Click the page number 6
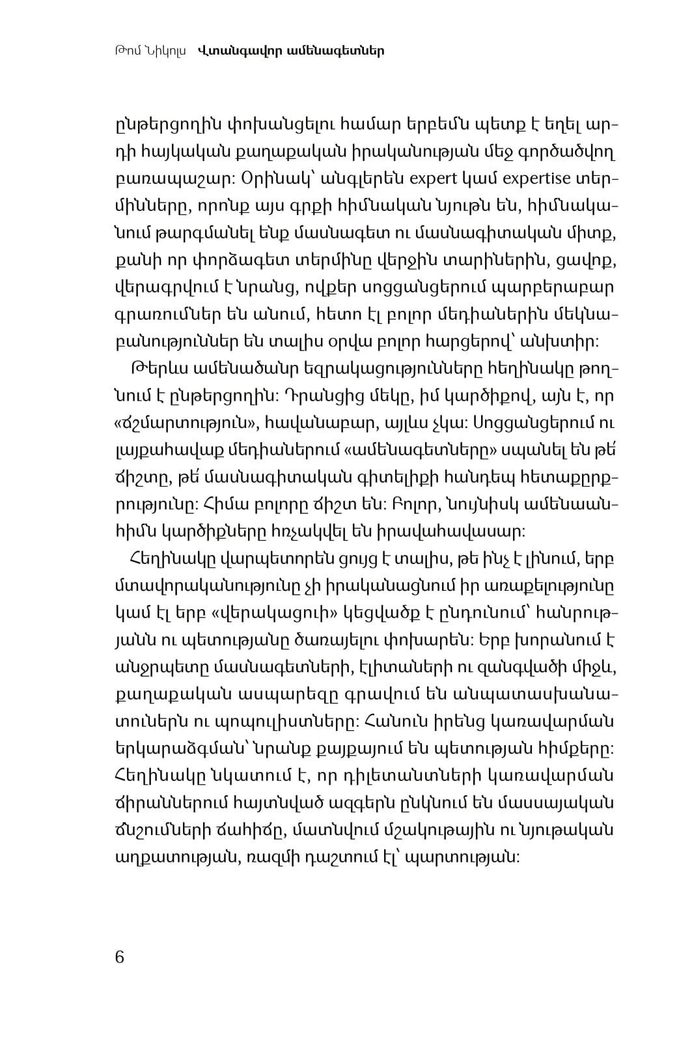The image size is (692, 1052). [118, 957]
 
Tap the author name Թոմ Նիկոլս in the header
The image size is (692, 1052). [149, 50]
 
